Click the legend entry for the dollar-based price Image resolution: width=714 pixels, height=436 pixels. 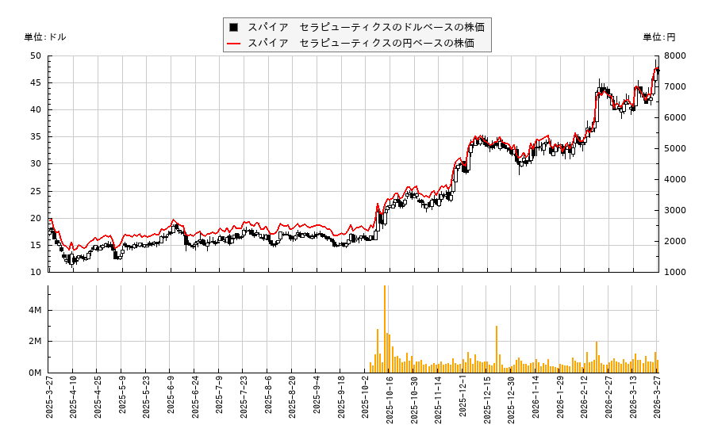pyautogui.click(x=366, y=27)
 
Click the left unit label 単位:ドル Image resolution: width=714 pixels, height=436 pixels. pyautogui.click(x=45, y=37)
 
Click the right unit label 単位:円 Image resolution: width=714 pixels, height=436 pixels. pyautogui.click(x=658, y=37)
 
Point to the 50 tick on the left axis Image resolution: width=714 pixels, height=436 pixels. pyautogui.click(x=36, y=55)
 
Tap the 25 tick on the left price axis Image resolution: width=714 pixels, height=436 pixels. pyautogui.click(x=36, y=191)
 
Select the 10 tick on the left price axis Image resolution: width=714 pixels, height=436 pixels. pyautogui.click(x=36, y=272)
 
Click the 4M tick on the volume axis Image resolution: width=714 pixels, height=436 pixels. pyautogui.click(x=35, y=310)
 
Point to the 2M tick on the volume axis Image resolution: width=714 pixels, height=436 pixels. pyautogui.click(x=35, y=342)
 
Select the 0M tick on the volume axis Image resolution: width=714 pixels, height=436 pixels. pyautogui.click(x=35, y=373)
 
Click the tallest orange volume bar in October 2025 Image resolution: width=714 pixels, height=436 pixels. pyautogui.click(x=385, y=329)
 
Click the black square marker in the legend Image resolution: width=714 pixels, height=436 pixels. pyautogui.click(x=233, y=27)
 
